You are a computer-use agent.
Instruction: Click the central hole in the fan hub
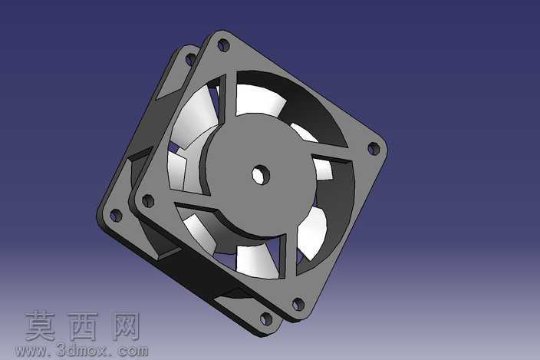[260, 175]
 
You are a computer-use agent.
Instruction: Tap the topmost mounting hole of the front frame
[223, 45]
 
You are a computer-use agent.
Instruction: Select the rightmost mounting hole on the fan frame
[374, 148]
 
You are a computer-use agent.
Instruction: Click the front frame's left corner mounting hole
[148, 200]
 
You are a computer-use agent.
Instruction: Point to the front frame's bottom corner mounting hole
[298, 304]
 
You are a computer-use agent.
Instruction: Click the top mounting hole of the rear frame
[191, 59]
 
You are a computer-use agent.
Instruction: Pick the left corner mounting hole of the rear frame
[116, 216]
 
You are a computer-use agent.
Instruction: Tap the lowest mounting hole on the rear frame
[266, 319]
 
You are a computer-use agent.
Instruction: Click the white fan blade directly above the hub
[260, 100]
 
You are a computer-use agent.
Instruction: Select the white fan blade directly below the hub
[256, 261]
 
